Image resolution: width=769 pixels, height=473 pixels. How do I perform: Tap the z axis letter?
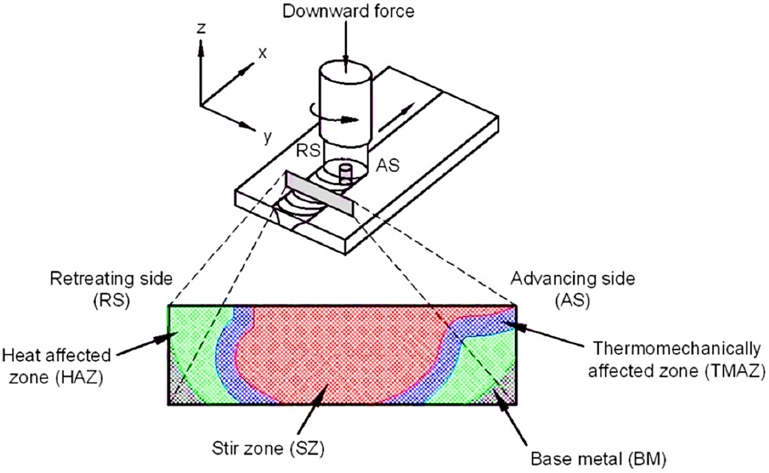201,28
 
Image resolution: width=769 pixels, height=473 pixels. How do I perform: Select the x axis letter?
262,53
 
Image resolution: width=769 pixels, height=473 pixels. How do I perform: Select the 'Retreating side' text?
111,279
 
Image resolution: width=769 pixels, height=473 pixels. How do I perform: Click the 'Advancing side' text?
573,279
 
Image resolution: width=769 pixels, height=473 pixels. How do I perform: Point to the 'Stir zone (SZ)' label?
268,449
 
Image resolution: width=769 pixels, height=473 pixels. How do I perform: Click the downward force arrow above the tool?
346,44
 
